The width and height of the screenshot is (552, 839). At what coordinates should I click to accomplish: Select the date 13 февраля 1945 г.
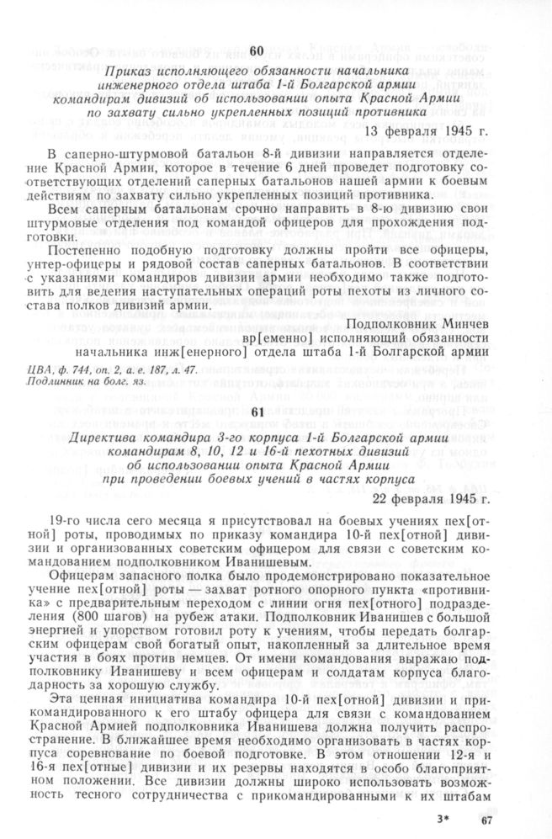[x=426, y=132]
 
